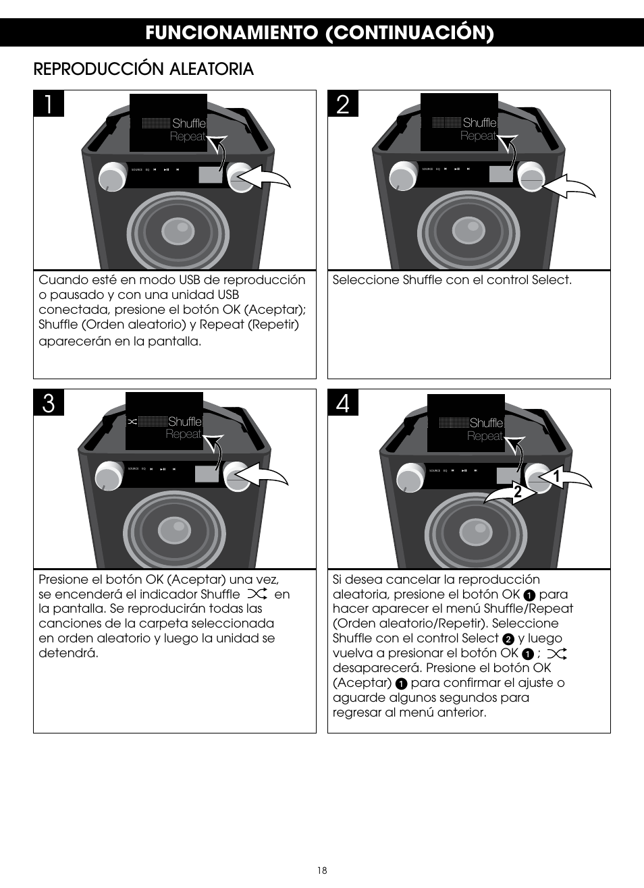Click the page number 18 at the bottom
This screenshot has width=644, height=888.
pyautogui.click(x=322, y=870)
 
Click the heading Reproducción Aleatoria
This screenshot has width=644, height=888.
pyautogui.click(x=144, y=69)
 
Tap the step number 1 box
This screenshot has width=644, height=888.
pyautogui.click(x=49, y=105)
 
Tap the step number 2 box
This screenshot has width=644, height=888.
pyautogui.click(x=343, y=105)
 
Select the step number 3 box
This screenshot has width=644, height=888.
pyautogui.click(x=49, y=404)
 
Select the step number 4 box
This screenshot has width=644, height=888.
pyautogui.click(x=343, y=404)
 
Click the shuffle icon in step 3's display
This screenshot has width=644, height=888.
pyautogui.click(x=132, y=422)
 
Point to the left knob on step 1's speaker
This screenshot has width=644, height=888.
pyautogui.click(x=112, y=177)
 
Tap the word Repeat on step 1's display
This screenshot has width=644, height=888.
pyautogui.click(x=187, y=136)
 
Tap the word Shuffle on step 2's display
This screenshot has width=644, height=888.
pyautogui.click(x=480, y=123)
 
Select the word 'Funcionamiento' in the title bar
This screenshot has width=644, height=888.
pyautogui.click(x=231, y=32)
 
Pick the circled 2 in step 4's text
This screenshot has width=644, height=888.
pyautogui.click(x=509, y=639)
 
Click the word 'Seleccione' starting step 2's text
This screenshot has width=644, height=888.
pyautogui.click(x=365, y=280)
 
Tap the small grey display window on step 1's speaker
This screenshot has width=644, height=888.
pyautogui.click(x=211, y=174)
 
